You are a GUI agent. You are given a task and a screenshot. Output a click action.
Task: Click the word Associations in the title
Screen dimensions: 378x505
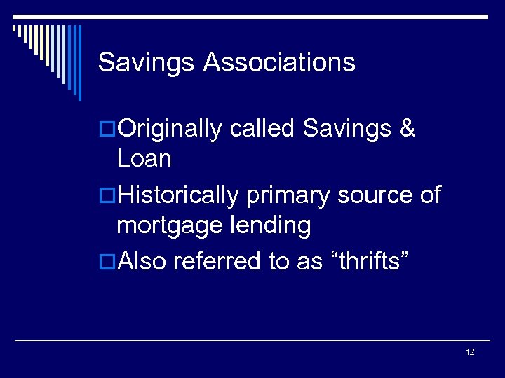coord(279,63)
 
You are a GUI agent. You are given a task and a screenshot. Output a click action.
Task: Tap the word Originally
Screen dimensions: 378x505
coord(170,129)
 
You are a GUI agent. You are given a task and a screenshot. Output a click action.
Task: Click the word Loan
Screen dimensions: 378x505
coord(144,159)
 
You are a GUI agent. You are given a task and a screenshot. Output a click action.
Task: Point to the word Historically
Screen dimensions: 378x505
coord(179,195)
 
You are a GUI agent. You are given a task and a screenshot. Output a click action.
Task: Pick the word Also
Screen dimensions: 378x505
coord(142,261)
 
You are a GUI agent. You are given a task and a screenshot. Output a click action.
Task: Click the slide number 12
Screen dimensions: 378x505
coord(470,352)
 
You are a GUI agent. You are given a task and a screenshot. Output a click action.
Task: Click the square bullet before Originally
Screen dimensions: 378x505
coord(107,129)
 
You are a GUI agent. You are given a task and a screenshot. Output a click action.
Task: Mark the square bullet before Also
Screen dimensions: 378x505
coord(107,262)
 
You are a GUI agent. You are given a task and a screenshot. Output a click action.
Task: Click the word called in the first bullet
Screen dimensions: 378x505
coord(263,129)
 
